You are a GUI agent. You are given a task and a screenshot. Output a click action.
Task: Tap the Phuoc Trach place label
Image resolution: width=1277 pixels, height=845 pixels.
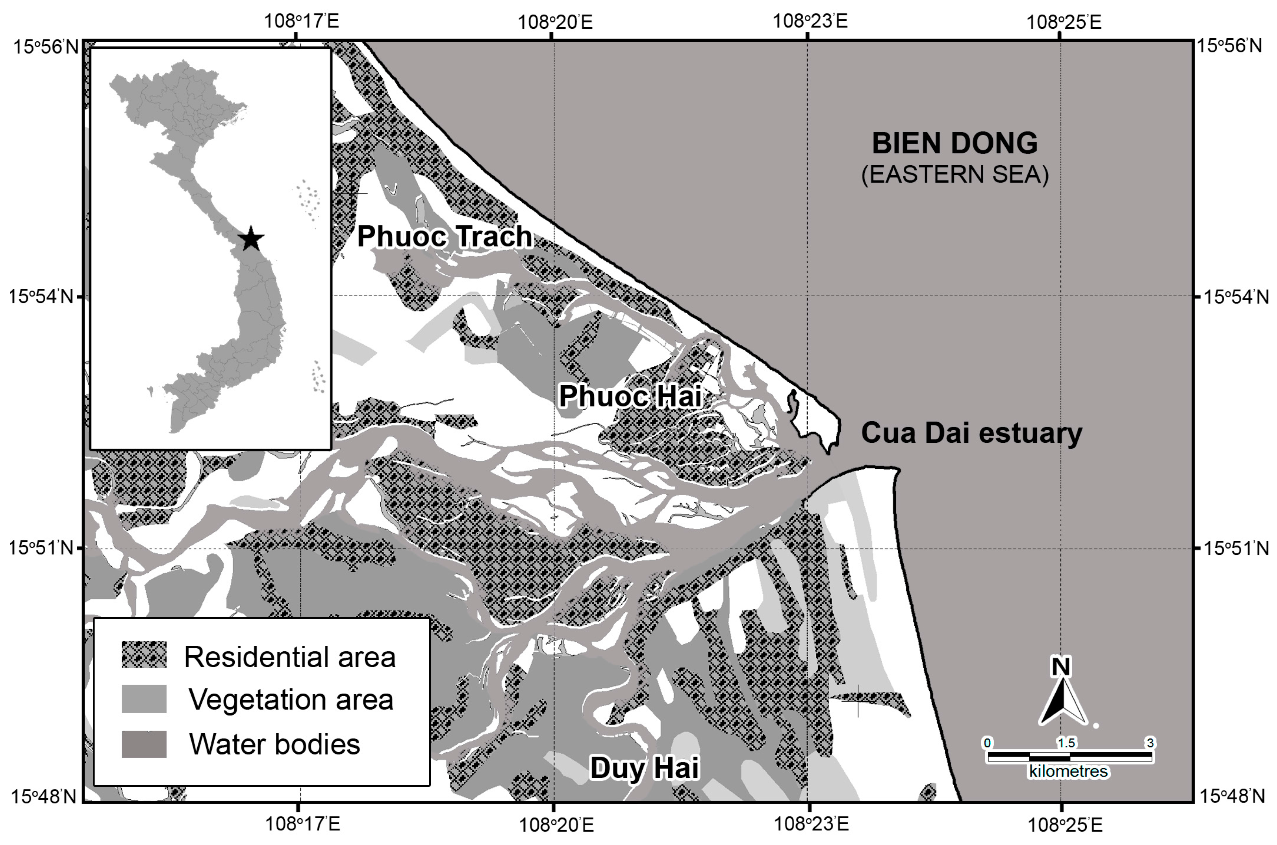(444, 237)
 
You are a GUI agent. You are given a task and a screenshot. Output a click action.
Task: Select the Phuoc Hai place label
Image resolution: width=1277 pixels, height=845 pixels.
(630, 396)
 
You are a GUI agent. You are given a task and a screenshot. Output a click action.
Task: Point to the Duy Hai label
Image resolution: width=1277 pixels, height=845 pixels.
(644, 767)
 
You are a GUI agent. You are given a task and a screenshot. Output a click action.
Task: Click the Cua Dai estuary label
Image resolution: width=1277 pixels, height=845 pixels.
(971, 433)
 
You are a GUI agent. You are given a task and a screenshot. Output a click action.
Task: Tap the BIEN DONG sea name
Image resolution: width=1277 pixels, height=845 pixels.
(955, 143)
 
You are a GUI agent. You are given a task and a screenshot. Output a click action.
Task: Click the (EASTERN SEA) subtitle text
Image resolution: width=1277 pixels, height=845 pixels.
(955, 175)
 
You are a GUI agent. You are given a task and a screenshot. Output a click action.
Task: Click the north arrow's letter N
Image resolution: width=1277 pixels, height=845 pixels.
(1061, 667)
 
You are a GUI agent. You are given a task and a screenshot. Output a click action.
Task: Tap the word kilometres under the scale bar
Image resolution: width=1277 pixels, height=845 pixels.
(1068, 771)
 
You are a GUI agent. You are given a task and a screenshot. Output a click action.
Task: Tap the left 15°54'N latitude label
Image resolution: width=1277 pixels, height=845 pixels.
(41, 296)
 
